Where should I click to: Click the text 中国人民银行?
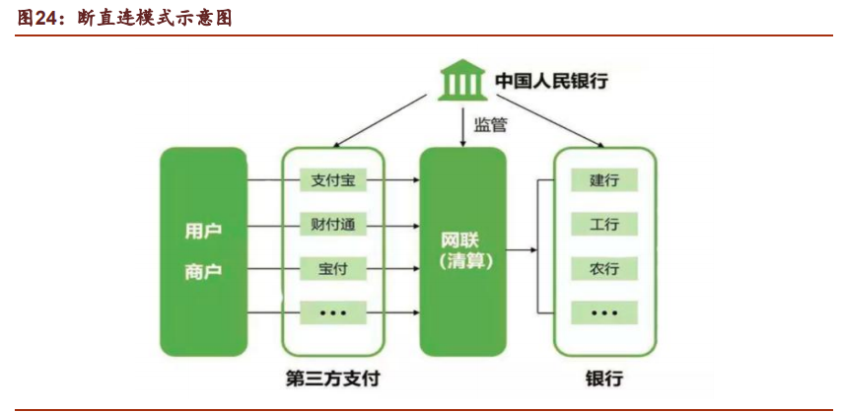pyautogui.click(x=551, y=81)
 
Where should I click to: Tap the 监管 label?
pyautogui.click(x=491, y=125)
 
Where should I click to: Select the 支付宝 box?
pyautogui.click(x=332, y=180)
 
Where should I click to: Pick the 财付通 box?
pyautogui.click(x=332, y=225)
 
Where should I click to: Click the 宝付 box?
pyautogui.click(x=332, y=268)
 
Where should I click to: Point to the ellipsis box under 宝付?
pyautogui.click(x=332, y=311)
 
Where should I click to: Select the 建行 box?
pyautogui.click(x=604, y=180)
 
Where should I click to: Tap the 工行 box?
pyautogui.click(x=604, y=225)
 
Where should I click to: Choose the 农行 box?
pyautogui.click(x=604, y=268)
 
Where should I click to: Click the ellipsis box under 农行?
pyautogui.click(x=604, y=311)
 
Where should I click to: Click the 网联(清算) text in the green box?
pyautogui.click(x=463, y=251)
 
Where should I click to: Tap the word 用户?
pyautogui.click(x=203, y=232)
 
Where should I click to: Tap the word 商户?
pyautogui.click(x=203, y=272)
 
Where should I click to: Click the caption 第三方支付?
pyautogui.click(x=332, y=379)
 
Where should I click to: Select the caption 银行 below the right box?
pyautogui.click(x=604, y=379)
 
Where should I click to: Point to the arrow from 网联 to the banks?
pyautogui.click(x=521, y=250)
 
